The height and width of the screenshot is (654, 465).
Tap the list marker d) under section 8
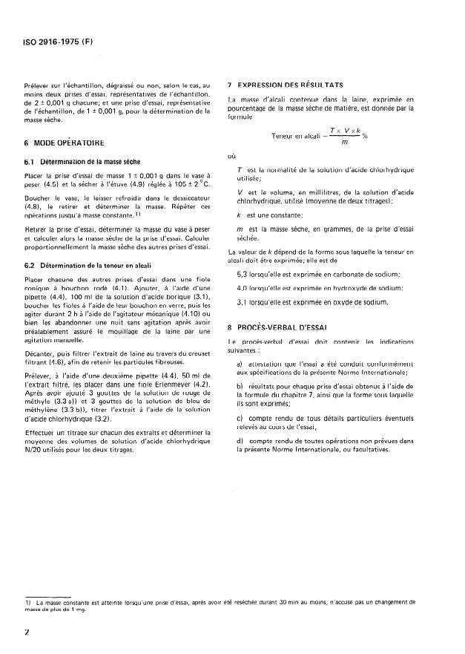pos(240,441)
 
